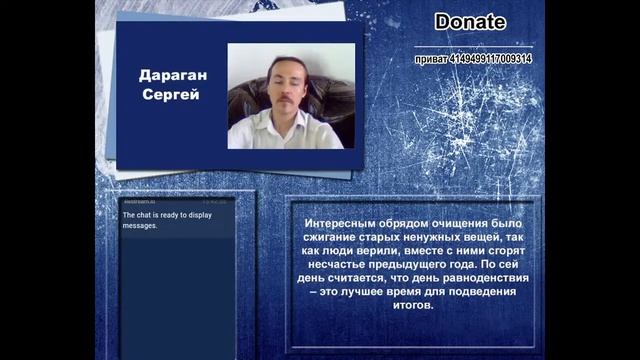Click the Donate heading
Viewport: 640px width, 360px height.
(470, 22)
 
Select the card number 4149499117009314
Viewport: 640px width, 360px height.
(490, 59)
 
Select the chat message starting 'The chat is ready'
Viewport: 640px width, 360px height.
(154, 220)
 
